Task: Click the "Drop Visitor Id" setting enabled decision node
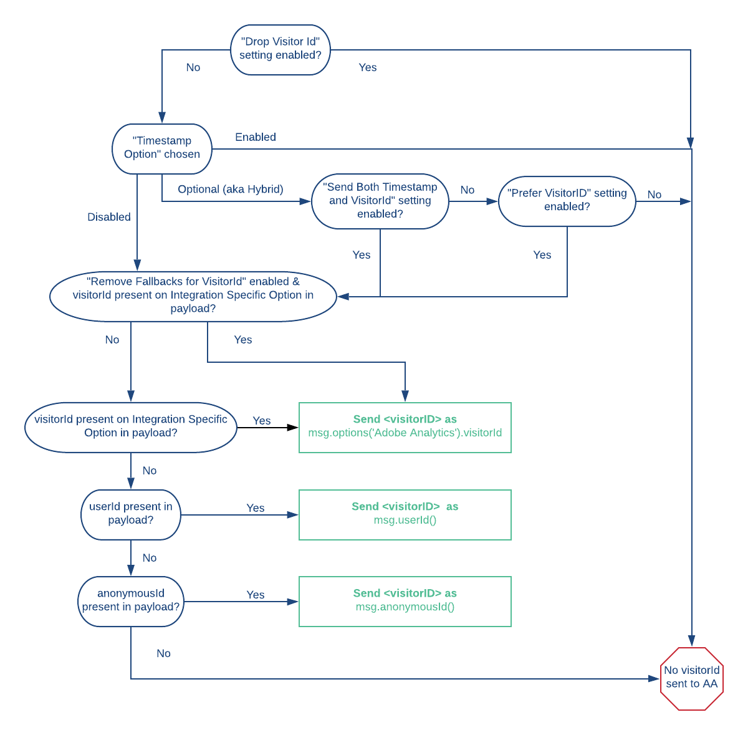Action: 280,49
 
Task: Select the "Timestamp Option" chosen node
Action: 162,148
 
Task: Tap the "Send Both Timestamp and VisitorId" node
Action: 380,201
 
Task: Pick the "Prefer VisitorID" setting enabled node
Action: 567,201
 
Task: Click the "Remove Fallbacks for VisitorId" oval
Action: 193,296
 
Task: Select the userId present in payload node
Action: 131,514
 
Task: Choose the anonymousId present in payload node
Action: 131,601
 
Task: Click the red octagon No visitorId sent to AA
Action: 691,678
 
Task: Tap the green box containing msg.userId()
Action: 405,514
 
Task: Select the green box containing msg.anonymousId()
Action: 405,601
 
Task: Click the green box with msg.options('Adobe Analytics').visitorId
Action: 405,427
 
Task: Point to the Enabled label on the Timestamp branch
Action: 255,137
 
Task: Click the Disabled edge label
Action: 109,217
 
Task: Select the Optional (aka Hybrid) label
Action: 230,190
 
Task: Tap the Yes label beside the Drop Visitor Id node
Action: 367,67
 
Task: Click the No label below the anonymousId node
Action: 163,653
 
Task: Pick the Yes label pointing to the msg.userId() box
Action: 255,508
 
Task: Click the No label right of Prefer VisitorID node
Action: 654,195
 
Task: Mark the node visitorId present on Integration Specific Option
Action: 131,427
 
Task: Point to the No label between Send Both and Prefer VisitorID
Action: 467,190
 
